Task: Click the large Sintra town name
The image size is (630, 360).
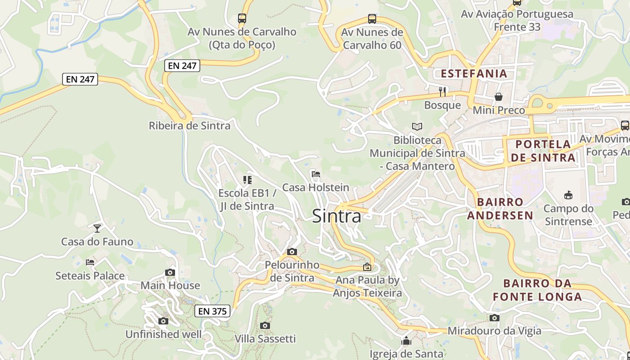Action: (x=337, y=216)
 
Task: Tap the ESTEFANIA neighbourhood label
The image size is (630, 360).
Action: (x=474, y=73)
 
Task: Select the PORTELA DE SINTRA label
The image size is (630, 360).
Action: (x=543, y=151)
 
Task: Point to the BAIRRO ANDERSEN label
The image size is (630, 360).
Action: (x=500, y=208)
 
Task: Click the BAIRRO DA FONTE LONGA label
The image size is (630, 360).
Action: (x=537, y=290)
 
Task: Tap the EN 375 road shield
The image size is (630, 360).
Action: (x=213, y=311)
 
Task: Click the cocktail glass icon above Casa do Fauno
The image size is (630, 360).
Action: (x=97, y=228)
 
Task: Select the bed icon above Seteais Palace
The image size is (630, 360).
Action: (x=90, y=262)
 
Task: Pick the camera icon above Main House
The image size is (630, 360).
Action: (x=170, y=272)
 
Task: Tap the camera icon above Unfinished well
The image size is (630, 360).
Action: (x=163, y=321)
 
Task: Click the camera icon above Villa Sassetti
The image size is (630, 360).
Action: (x=265, y=325)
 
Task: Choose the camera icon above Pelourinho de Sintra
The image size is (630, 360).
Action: (x=292, y=252)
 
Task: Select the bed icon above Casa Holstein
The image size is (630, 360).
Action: (x=315, y=174)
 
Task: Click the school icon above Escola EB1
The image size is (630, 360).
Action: (x=247, y=180)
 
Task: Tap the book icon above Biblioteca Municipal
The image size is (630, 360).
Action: (x=417, y=127)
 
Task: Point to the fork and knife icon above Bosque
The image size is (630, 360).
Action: (x=442, y=92)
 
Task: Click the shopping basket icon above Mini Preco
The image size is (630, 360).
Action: (x=499, y=97)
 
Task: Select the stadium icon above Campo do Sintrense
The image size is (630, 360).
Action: (x=568, y=195)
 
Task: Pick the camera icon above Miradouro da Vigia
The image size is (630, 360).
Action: (x=495, y=318)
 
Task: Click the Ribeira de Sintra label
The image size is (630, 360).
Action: (x=189, y=126)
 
